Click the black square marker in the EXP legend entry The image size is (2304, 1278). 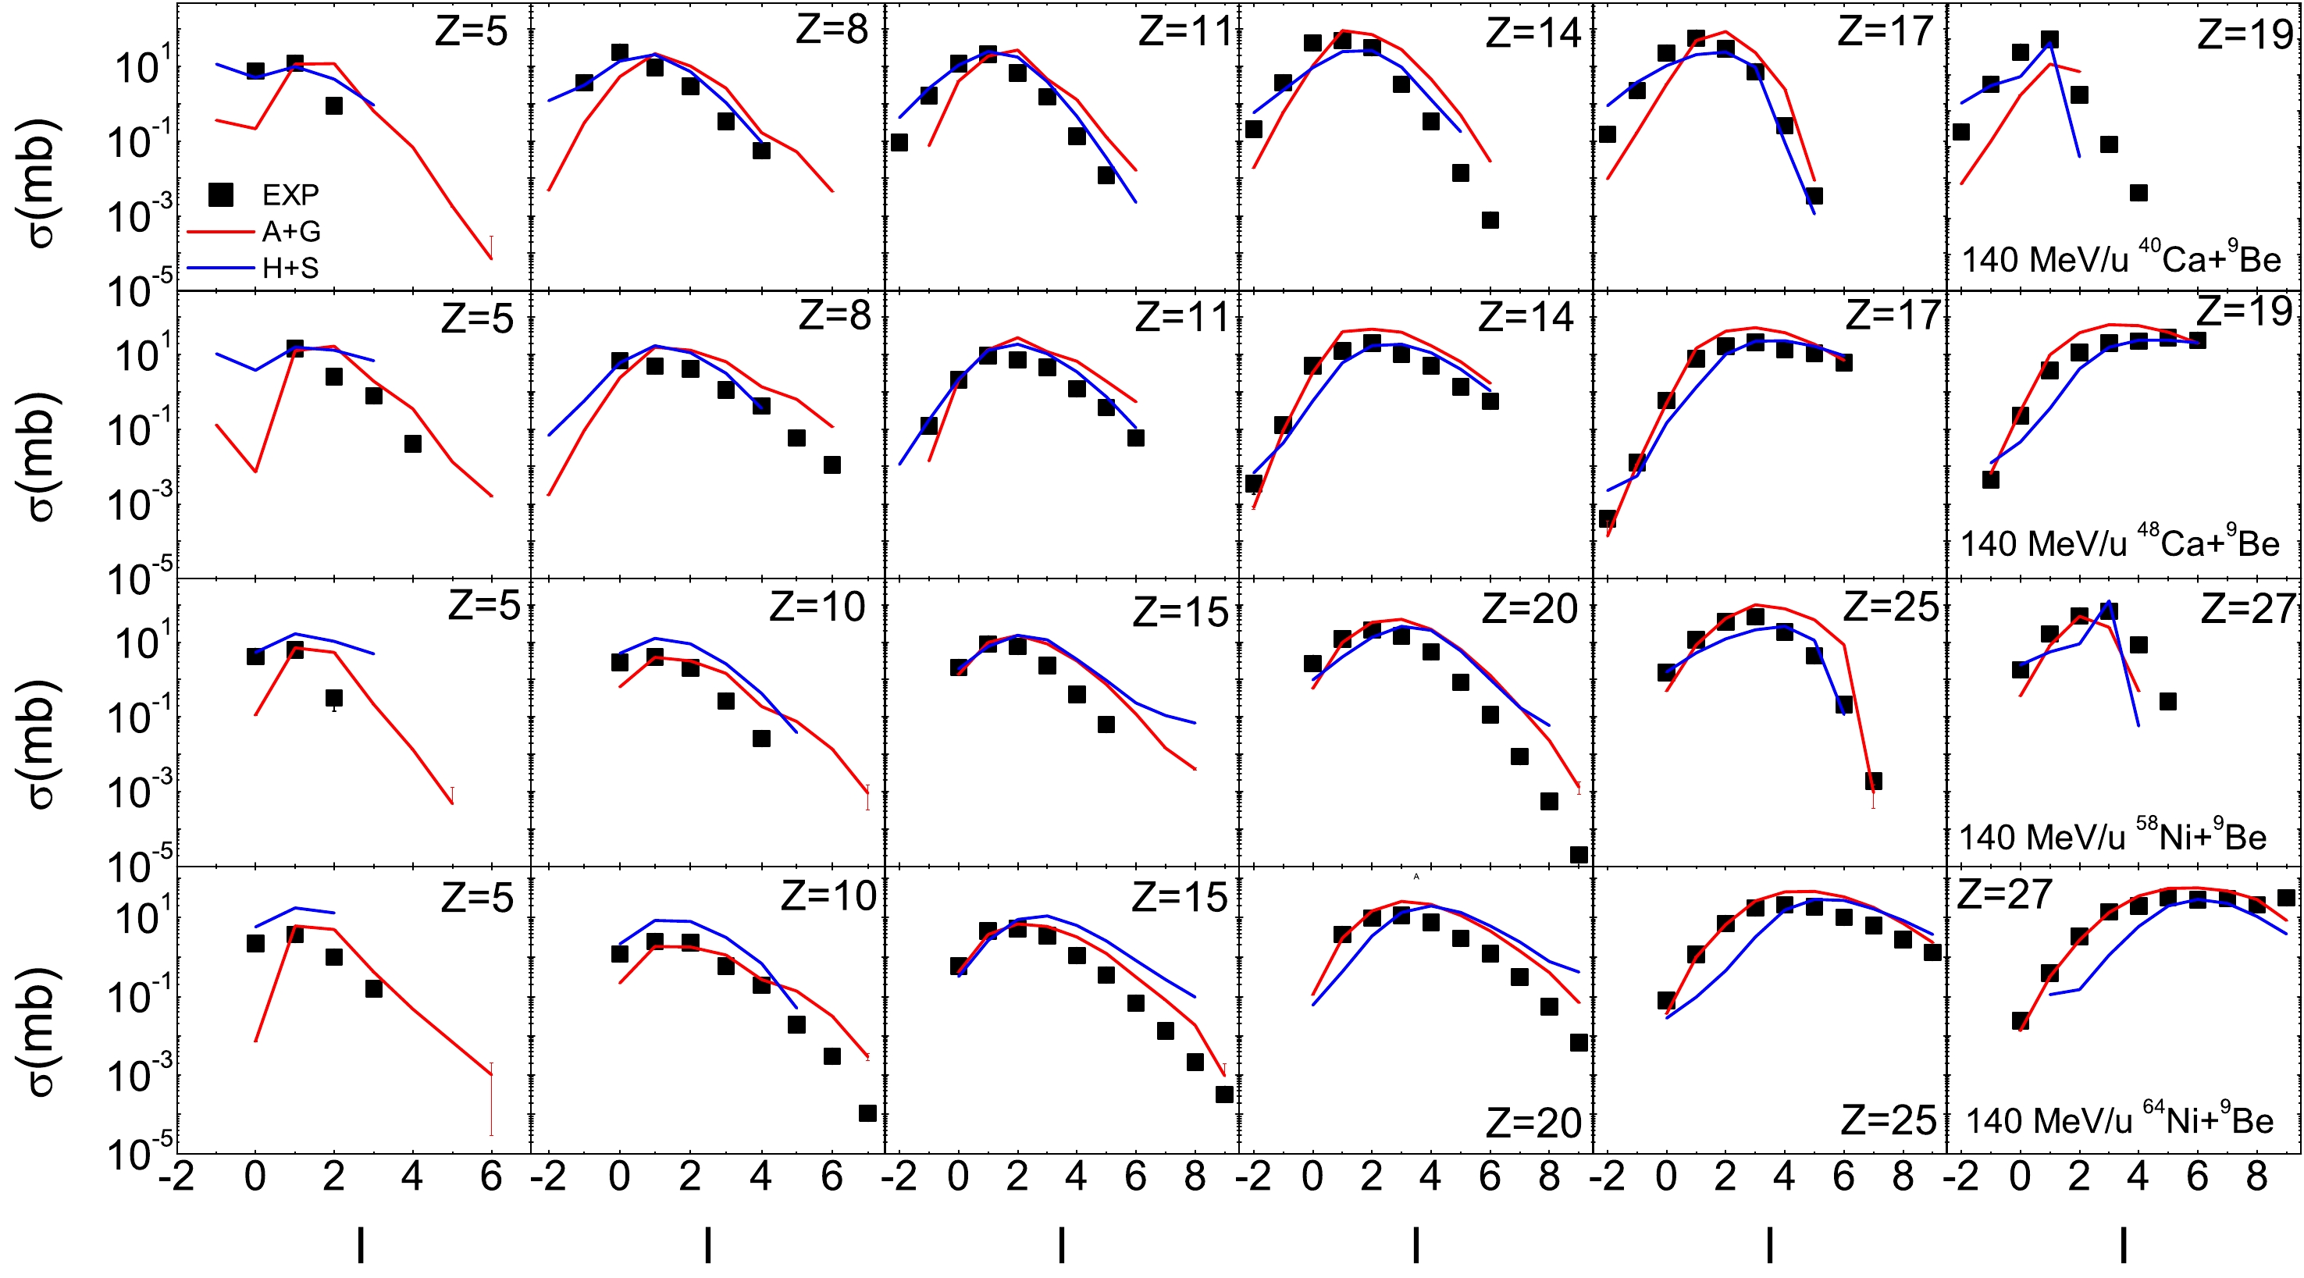coord(220,194)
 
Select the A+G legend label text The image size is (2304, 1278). coord(290,232)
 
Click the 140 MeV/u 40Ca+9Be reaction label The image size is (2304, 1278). coord(2121,258)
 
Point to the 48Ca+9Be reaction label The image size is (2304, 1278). coord(2120,542)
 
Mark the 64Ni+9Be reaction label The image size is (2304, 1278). coord(2119,1119)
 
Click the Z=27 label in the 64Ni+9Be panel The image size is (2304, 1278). coord(2004,893)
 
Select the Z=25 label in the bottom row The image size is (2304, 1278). coord(1888,1120)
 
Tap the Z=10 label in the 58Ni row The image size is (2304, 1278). coord(817,608)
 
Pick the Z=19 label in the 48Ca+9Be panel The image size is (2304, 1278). coord(2245,311)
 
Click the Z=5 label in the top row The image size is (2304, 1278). coord(472,32)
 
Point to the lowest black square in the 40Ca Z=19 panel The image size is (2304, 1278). coord(2138,192)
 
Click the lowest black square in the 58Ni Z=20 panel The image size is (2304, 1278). coord(1579,855)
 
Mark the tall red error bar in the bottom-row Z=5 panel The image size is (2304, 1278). coord(491,1099)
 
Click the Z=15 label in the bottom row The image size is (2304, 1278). coord(1180,897)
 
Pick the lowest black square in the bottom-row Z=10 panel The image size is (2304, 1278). coord(867,1112)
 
